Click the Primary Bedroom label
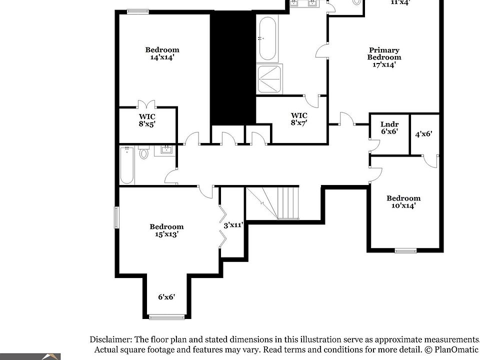384,57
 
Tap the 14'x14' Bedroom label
162,53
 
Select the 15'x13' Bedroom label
166,230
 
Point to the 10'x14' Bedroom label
403,201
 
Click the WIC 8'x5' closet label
147,120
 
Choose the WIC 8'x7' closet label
299,119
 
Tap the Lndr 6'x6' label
389,127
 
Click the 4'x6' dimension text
423,134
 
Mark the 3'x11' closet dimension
233,225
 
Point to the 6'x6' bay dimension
166,296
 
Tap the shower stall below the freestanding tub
269,79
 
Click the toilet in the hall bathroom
144,152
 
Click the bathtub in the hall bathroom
127,165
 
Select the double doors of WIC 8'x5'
146,104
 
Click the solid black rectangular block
232,67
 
